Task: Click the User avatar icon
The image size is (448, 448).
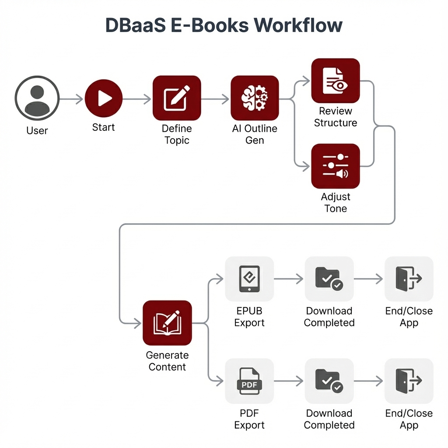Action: pos(37,98)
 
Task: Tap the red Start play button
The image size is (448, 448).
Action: pos(104,98)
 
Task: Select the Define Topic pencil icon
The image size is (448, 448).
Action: pos(177,98)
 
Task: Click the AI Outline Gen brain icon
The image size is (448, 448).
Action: pos(255,98)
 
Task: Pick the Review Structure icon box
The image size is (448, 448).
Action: pos(336,81)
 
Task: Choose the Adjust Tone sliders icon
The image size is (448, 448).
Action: pos(336,166)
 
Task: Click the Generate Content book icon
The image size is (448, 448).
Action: pos(167,323)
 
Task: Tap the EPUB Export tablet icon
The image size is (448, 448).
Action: pos(249,279)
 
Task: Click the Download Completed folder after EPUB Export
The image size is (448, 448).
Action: pos(329,279)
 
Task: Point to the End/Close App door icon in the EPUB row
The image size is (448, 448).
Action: pos(409,279)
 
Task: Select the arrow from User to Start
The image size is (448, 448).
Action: pos(71,99)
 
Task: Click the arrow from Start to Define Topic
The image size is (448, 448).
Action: pos(137,99)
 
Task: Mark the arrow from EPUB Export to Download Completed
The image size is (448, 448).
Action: pos(288,279)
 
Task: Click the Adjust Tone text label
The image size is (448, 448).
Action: pos(336,203)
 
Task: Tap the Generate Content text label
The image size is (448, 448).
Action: pos(167,361)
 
